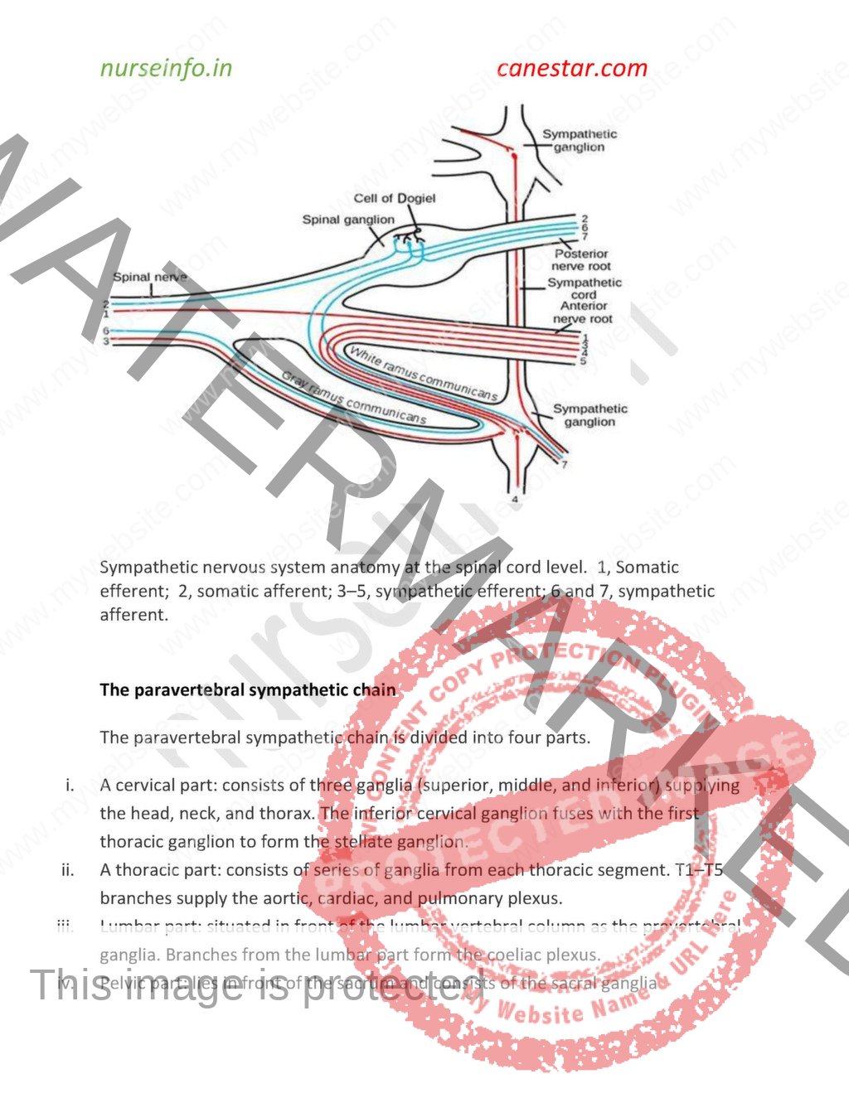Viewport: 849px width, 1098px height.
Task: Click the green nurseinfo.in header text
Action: [166, 68]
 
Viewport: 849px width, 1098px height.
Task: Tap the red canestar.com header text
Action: [571, 68]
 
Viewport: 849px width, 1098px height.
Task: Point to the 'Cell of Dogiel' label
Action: [394, 198]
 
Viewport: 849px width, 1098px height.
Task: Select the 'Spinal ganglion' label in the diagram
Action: [348, 220]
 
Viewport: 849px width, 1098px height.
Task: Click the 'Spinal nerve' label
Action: [149, 277]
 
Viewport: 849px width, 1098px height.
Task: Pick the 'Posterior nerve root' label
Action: [581, 260]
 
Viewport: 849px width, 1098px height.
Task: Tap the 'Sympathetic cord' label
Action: [584, 288]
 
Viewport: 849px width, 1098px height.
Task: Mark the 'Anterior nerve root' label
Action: [583, 312]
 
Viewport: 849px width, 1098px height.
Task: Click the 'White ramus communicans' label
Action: [423, 374]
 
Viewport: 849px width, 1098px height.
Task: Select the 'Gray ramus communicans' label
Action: [354, 399]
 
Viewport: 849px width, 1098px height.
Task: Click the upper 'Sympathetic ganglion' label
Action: [580, 140]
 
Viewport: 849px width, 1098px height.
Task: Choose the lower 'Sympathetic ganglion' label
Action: [589, 415]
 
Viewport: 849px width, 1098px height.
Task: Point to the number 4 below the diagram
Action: [515, 500]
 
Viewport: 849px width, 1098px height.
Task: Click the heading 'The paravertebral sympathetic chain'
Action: [247, 689]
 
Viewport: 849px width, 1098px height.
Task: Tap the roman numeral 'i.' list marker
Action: [70, 785]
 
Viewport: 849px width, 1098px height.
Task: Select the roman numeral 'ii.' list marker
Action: [67, 869]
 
